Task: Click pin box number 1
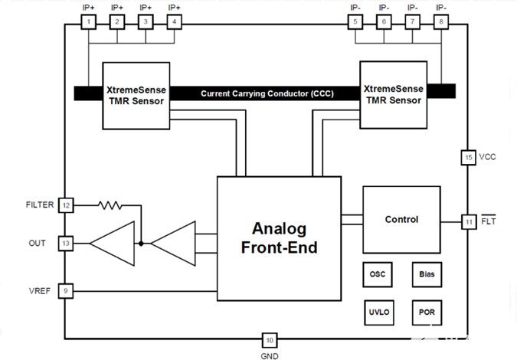tap(89, 22)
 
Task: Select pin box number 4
tap(174, 22)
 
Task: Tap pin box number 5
tap(355, 22)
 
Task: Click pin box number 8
tap(440, 22)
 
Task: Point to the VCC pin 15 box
tap(469, 157)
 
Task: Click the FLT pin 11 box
tap(469, 222)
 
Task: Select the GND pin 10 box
tap(269, 340)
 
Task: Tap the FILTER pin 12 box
tap(67, 205)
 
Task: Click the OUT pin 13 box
tap(67, 244)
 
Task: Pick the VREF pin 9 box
tap(67, 291)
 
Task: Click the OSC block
tap(378, 274)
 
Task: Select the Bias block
tap(427, 274)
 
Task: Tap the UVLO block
tap(378, 312)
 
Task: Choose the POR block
tap(427, 312)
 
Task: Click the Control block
tap(401, 220)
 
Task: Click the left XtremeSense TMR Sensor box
tap(136, 95)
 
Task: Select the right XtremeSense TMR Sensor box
tap(391, 95)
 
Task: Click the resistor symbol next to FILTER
tap(110, 205)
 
